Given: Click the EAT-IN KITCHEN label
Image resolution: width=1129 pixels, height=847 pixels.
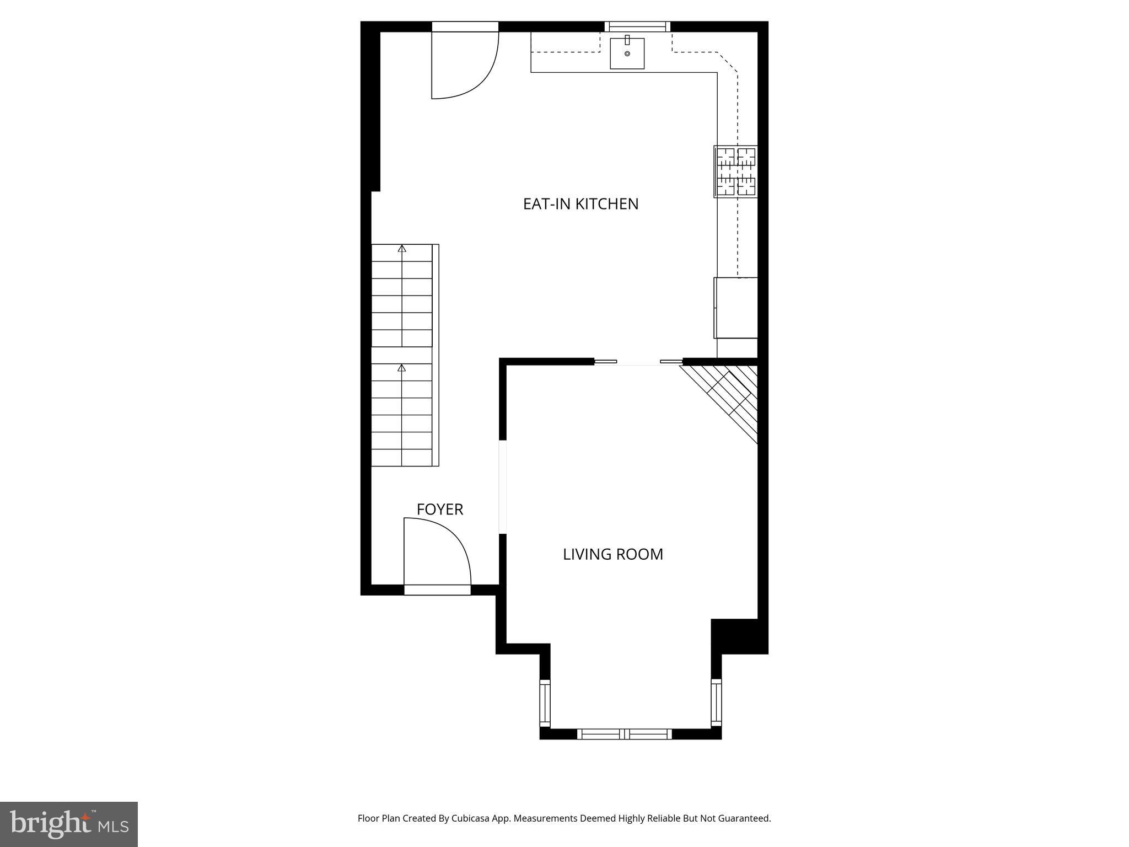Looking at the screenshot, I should [580, 204].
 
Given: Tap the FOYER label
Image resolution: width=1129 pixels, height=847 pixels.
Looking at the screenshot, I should [439, 510].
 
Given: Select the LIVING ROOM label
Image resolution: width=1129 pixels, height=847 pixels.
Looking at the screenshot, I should [612, 554].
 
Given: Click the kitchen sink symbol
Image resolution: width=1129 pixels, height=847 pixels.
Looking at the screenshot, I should [627, 53].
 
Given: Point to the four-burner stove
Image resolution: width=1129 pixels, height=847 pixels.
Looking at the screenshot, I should [736, 171].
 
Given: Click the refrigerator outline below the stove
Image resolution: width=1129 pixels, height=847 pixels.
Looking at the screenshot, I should [736, 308].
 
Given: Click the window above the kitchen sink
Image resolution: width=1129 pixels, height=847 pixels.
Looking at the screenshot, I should [637, 26].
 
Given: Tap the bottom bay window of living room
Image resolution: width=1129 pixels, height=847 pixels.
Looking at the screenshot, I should [624, 734].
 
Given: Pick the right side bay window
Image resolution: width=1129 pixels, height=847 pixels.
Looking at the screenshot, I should [716, 703].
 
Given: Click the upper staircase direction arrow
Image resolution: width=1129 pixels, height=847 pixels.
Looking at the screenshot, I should [402, 249].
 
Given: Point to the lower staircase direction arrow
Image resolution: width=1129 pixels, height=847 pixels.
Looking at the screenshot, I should [402, 368].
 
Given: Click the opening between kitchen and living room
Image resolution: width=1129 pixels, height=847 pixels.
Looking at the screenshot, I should [638, 362].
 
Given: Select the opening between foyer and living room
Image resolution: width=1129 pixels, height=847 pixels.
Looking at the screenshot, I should [502, 487].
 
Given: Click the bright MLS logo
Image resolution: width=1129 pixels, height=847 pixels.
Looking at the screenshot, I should [69, 824].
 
